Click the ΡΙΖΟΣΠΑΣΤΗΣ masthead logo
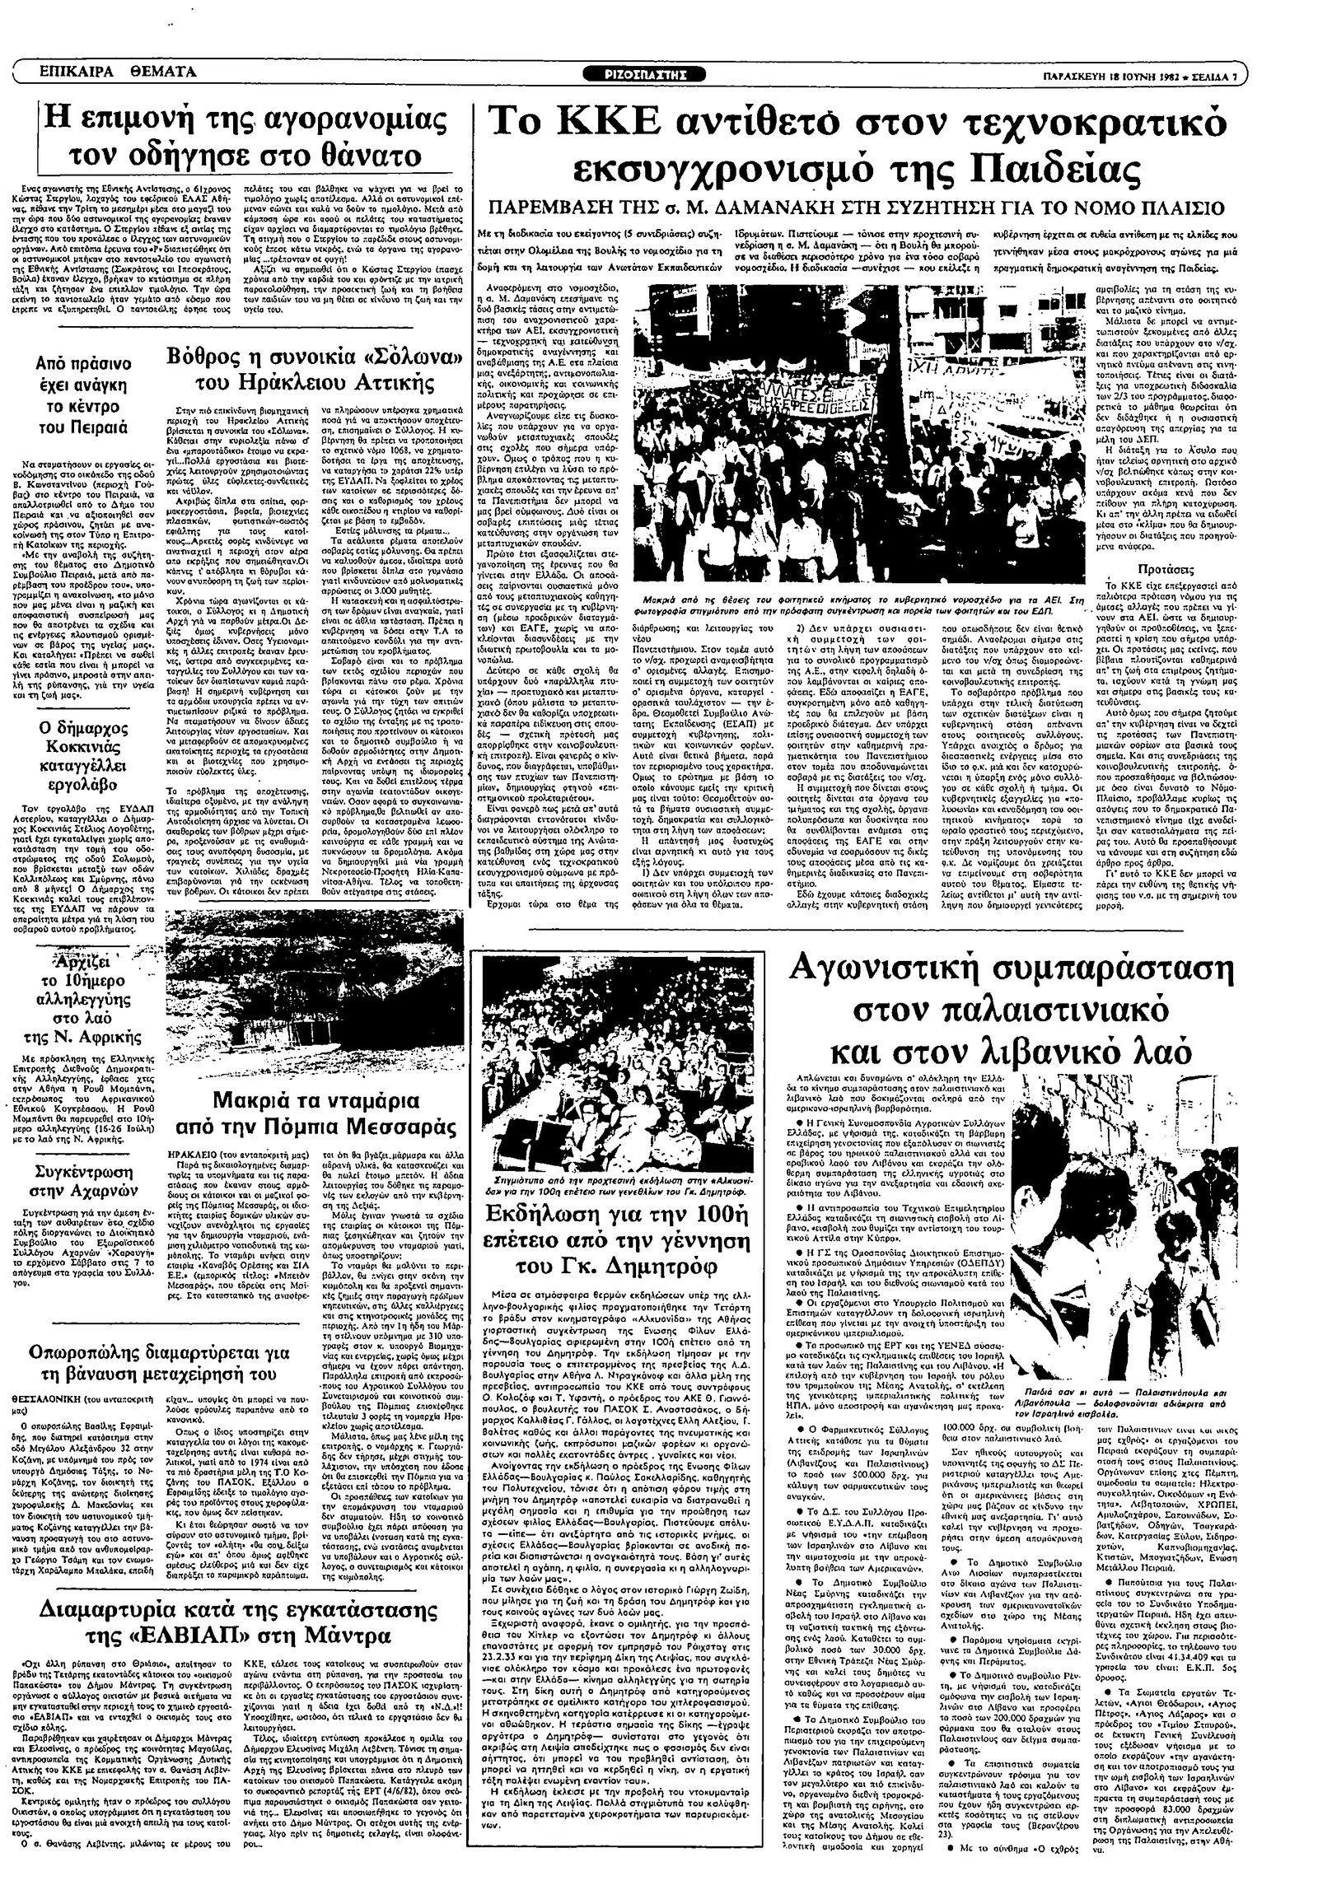click(x=657, y=74)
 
